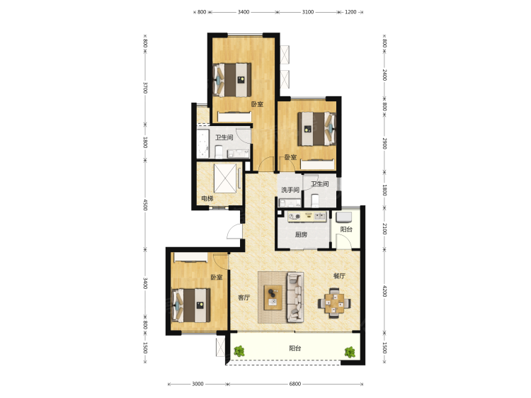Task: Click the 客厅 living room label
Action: pyautogui.click(x=244, y=297)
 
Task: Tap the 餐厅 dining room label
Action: pyautogui.click(x=339, y=276)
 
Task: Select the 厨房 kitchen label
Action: pyautogui.click(x=301, y=234)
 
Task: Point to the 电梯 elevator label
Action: pyautogui.click(x=207, y=198)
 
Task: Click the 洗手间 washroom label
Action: pyautogui.click(x=290, y=190)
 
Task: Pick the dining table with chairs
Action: pyautogui.click(x=334, y=303)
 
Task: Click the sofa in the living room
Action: pyautogui.click(x=295, y=297)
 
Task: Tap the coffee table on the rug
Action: pyautogui.click(x=273, y=297)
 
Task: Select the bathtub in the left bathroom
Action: pyautogui.click(x=202, y=143)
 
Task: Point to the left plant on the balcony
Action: pyautogui.click(x=239, y=351)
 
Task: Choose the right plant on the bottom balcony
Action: pyautogui.click(x=350, y=352)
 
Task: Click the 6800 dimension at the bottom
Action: pyautogui.click(x=295, y=384)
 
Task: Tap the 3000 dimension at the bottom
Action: pyautogui.click(x=198, y=384)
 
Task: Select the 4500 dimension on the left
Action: pyautogui.click(x=145, y=205)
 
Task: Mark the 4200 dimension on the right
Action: pyautogui.click(x=384, y=291)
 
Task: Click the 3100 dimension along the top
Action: pyautogui.click(x=308, y=12)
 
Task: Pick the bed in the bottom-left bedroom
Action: pyautogui.click(x=191, y=305)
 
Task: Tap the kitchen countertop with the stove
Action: pyautogui.click(x=307, y=217)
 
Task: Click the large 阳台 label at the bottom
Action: pyautogui.click(x=295, y=348)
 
